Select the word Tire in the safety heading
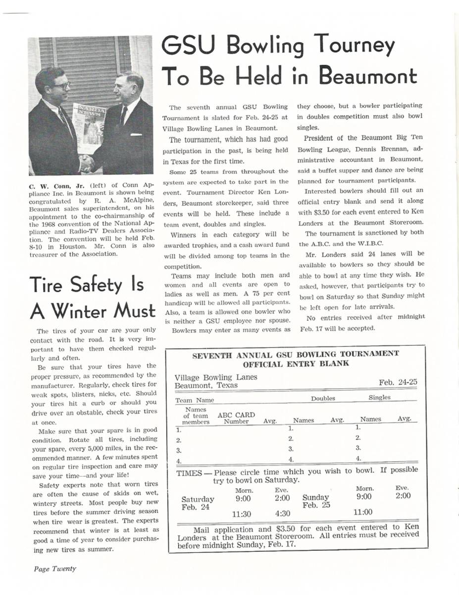coord(51,286)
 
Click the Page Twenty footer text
coord(55,569)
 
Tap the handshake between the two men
coord(87,163)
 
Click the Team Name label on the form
coord(195,400)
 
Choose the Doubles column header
coord(323,398)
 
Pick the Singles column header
coord(379,398)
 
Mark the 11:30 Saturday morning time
coord(243,515)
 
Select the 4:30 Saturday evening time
coord(282,514)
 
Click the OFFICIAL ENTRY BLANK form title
coord(295,363)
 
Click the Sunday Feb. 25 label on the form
coord(315,501)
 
